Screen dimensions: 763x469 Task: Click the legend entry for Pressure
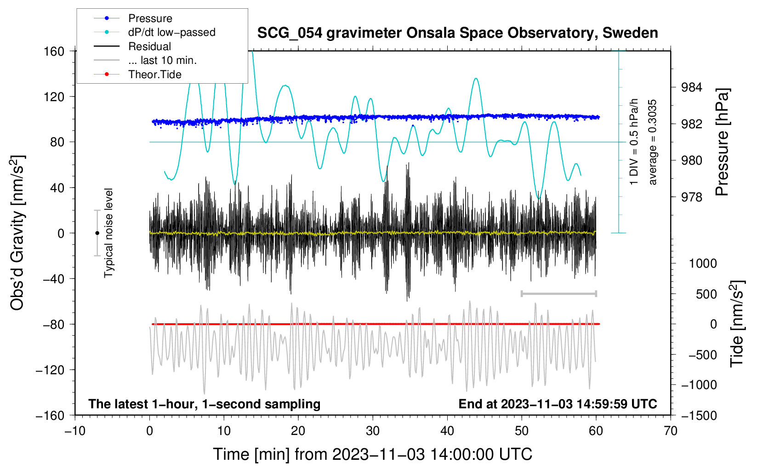point(133,18)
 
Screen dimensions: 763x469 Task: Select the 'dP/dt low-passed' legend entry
point(154,32)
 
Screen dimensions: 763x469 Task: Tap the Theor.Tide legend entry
point(137,74)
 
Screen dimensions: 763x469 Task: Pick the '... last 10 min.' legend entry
point(145,60)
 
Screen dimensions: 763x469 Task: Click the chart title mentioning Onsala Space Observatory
point(457,33)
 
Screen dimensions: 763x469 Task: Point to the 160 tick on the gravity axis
point(54,51)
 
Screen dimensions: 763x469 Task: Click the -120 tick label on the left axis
point(50,370)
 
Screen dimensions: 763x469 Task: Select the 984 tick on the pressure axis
point(691,87)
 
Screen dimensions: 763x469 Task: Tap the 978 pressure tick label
point(691,197)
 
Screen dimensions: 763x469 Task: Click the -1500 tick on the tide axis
point(699,416)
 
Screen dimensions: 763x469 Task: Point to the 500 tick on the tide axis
point(706,294)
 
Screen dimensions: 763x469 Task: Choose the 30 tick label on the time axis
point(373,431)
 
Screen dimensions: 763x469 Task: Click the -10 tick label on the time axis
point(75,431)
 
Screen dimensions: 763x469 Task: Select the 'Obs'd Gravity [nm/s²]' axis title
point(17,233)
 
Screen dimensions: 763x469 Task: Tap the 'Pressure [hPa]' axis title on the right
point(722,142)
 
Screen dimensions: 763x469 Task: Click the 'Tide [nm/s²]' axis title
point(737,324)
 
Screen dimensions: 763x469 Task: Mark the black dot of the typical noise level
point(97,233)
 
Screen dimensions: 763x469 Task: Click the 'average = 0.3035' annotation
point(652,142)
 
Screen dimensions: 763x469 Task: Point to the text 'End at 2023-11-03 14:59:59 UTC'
point(558,404)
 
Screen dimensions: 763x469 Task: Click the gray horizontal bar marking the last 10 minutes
point(558,294)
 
